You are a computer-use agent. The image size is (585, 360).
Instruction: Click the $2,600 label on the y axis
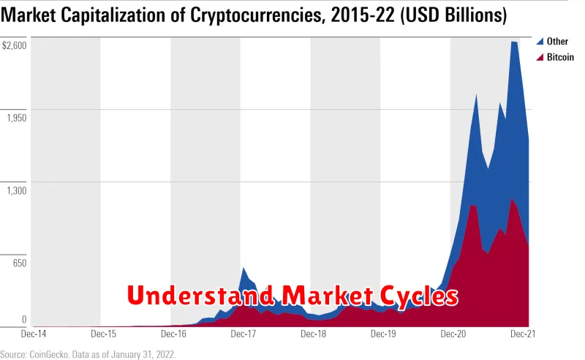pos(15,45)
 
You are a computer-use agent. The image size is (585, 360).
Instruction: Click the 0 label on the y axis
pos(24,319)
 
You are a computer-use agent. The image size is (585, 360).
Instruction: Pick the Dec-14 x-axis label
pos(34,334)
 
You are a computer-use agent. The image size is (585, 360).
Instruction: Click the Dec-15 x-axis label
pos(103,334)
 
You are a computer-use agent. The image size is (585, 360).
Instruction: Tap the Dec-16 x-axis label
pos(173,334)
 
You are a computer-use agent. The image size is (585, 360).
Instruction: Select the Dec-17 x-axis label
pos(243,334)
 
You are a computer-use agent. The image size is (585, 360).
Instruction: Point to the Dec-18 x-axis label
pos(313,334)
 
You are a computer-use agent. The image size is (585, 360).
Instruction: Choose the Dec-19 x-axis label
pos(383,334)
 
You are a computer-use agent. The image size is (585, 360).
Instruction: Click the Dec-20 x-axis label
pos(453,334)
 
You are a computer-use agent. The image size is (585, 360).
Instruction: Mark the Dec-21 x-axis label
pos(522,334)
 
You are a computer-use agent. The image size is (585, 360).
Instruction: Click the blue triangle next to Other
pos(540,42)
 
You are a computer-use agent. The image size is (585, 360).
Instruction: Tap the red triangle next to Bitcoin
pos(540,57)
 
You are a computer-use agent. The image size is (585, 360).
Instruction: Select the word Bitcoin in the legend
pos(560,57)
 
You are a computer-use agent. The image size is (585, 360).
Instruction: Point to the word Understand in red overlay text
pos(198,296)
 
